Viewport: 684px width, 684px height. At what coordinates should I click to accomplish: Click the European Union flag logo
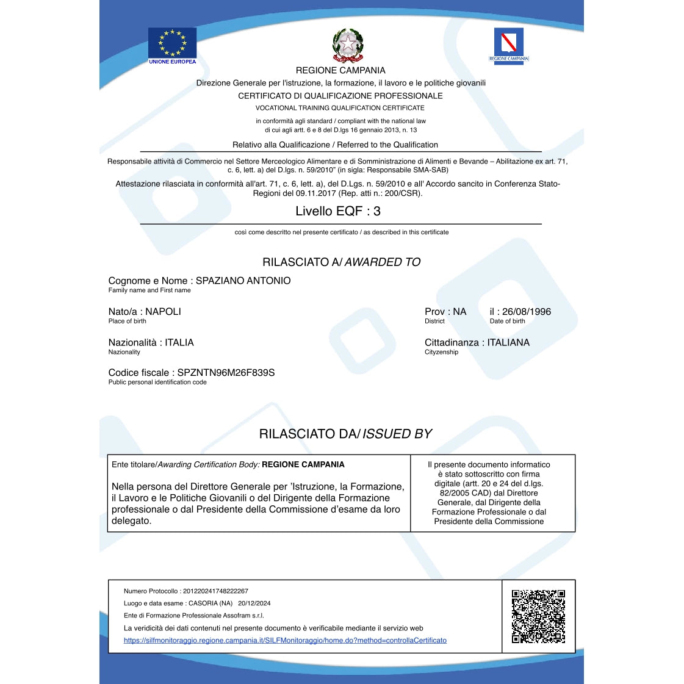[172, 42]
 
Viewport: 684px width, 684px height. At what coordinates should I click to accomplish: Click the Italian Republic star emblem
[348, 45]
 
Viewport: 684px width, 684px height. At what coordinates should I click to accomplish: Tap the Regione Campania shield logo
[508, 42]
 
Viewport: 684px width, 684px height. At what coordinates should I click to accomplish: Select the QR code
[538, 616]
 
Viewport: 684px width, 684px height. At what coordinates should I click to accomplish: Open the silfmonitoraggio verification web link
[285, 641]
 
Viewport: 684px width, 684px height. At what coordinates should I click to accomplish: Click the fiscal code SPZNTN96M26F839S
[226, 373]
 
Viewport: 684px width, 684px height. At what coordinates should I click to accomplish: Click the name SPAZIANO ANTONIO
[243, 281]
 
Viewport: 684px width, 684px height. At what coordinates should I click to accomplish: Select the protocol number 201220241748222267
[215, 591]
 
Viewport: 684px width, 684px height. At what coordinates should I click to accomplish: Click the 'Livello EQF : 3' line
[338, 211]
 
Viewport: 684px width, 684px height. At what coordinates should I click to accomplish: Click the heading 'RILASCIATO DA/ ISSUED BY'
[345, 434]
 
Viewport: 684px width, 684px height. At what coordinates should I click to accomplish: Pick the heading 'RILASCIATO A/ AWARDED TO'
[341, 262]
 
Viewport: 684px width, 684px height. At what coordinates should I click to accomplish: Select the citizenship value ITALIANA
[508, 343]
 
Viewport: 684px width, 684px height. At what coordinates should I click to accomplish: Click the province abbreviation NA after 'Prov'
[459, 312]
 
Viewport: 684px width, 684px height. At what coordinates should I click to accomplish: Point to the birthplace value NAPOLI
[163, 312]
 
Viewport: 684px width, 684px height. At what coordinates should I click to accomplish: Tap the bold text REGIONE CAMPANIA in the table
[303, 465]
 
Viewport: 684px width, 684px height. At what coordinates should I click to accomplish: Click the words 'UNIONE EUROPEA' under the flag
[172, 62]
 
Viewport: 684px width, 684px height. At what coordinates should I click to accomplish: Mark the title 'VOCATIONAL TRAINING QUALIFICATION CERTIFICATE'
[340, 108]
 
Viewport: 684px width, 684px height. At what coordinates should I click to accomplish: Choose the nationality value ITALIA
[179, 343]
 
